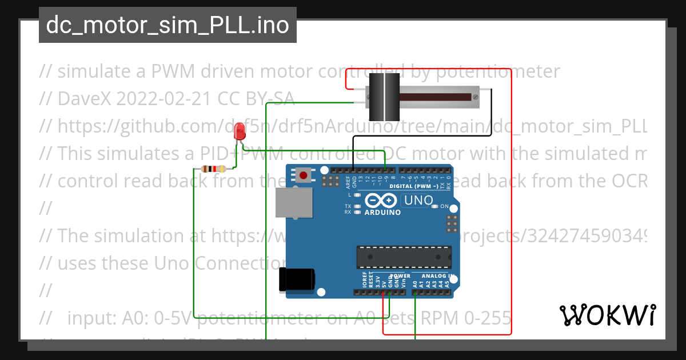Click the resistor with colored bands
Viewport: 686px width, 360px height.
pos(215,169)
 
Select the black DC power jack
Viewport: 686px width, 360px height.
pos(296,280)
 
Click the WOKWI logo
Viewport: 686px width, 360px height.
pos(607,315)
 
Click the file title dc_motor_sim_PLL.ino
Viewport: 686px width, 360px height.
pos(167,25)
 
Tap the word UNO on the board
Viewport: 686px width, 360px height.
pos(419,201)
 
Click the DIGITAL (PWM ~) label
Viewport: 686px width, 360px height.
pos(414,186)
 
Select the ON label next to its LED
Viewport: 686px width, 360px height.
pos(444,206)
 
